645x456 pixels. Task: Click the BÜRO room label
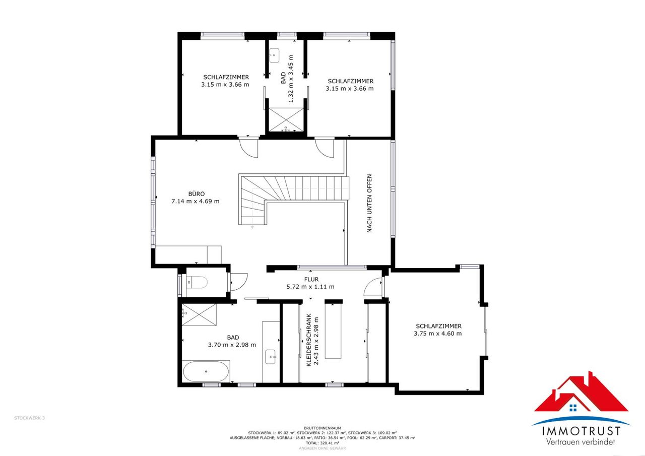tap(197, 194)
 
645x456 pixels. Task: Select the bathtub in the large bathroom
tap(206, 371)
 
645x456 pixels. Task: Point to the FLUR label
tap(311, 279)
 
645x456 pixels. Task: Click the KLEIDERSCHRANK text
tap(309, 340)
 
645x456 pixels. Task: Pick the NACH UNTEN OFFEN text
tap(369, 203)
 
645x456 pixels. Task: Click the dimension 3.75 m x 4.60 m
tap(438, 334)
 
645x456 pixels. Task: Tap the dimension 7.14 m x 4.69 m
tap(195, 201)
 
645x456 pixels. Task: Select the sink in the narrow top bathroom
tap(274, 55)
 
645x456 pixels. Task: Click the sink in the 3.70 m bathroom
tap(271, 357)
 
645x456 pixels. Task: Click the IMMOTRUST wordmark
tap(582, 431)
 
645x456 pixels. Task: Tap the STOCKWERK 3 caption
tap(29, 418)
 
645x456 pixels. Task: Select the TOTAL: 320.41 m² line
tap(322, 443)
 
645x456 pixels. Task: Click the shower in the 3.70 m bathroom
tap(199, 314)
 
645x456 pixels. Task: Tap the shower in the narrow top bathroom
tap(286, 120)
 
